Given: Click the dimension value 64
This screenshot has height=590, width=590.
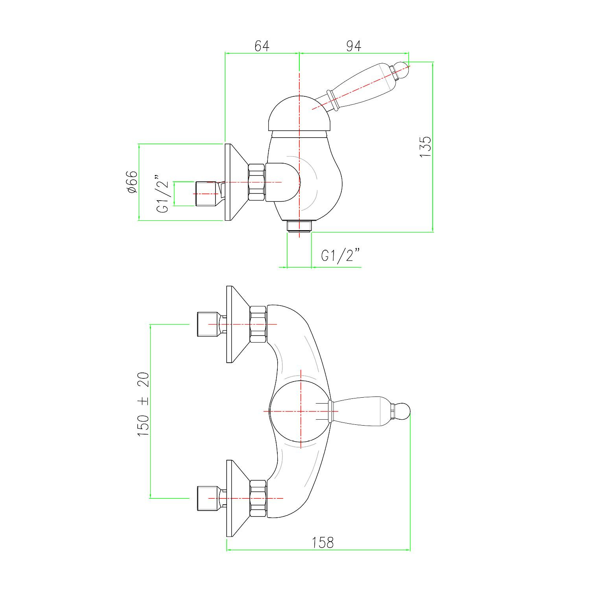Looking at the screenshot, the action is coord(262,46).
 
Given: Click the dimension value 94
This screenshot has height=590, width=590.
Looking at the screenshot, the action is coord(354,46).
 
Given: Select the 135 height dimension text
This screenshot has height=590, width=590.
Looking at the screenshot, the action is coord(426,147).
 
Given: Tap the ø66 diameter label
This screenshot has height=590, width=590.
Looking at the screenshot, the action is coord(132,182).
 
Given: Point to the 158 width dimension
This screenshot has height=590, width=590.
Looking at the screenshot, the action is coord(323,543).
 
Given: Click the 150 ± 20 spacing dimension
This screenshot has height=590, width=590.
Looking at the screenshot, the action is coord(143,404).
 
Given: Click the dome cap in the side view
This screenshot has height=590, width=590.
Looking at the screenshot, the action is coord(299,114).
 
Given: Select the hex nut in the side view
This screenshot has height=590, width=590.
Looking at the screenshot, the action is coord(256,183).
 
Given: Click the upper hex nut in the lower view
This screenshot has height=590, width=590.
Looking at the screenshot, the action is coord(258,324).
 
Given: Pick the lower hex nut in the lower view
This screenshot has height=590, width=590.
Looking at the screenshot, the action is coord(258,498).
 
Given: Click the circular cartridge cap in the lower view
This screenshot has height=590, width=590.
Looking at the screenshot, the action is coord(300,411).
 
